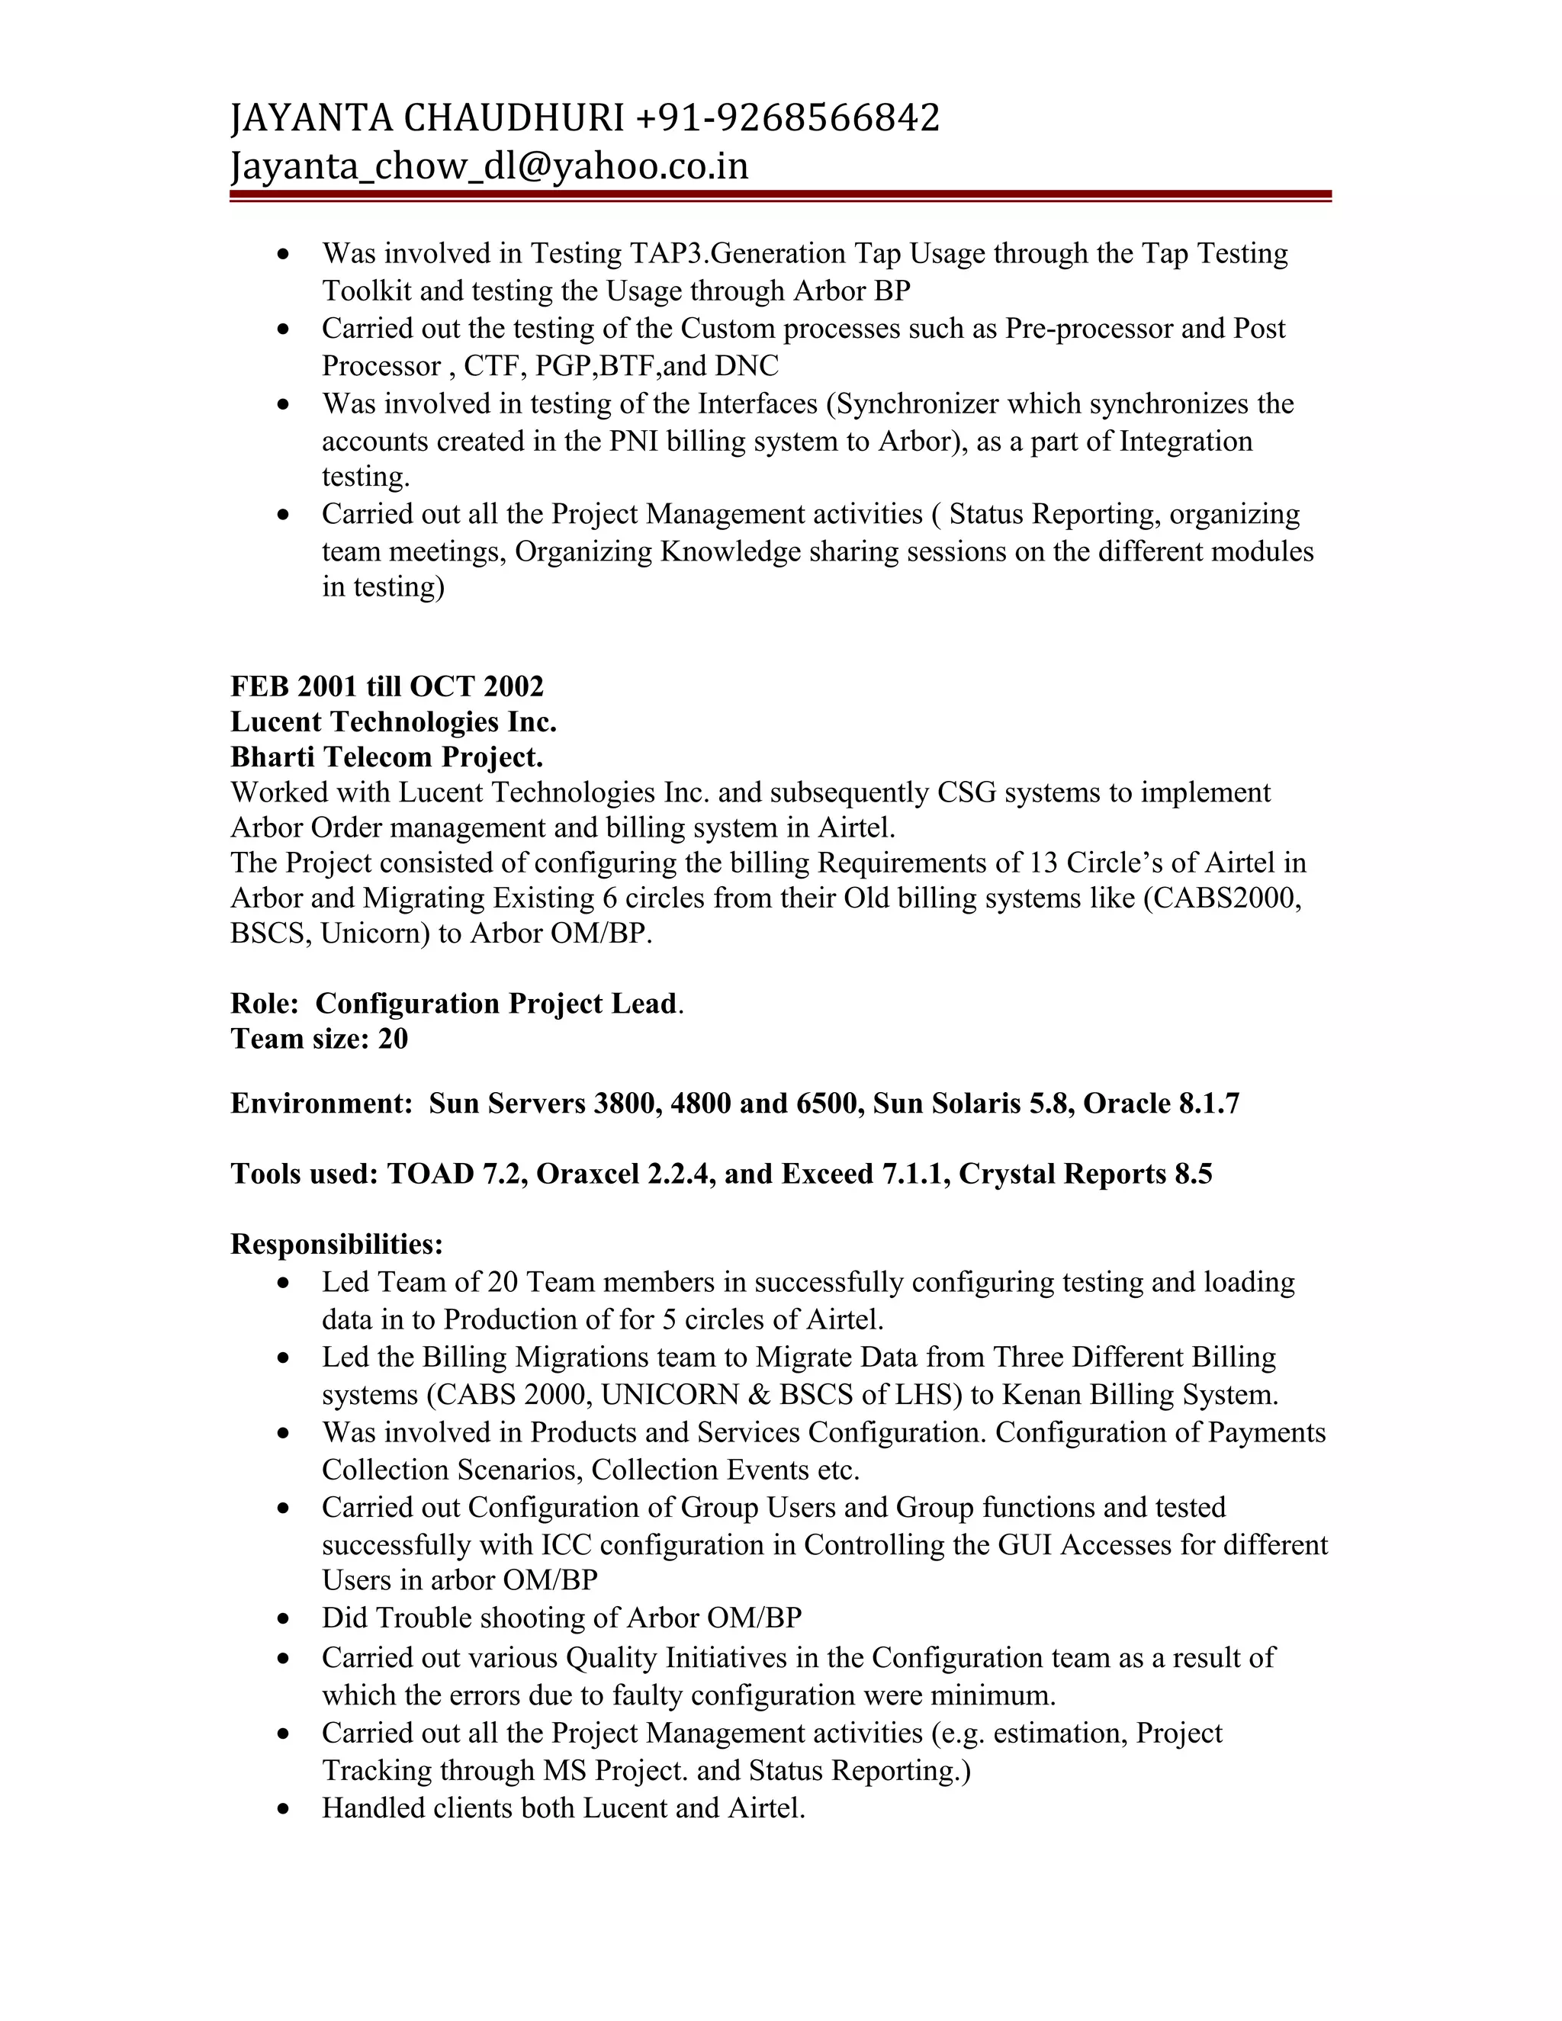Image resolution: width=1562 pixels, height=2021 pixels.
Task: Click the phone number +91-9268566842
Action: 787,118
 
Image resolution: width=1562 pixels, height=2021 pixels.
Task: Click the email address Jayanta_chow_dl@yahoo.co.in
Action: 489,166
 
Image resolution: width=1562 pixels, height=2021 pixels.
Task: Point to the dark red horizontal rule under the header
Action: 780,195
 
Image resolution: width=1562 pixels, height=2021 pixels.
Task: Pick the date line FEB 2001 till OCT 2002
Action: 387,686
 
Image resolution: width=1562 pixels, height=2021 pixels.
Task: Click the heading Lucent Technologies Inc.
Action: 394,721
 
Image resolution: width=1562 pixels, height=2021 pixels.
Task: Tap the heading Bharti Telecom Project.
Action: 386,757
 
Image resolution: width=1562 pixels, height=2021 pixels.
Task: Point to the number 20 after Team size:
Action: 392,1039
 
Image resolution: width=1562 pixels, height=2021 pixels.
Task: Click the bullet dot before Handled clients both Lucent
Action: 284,1809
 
